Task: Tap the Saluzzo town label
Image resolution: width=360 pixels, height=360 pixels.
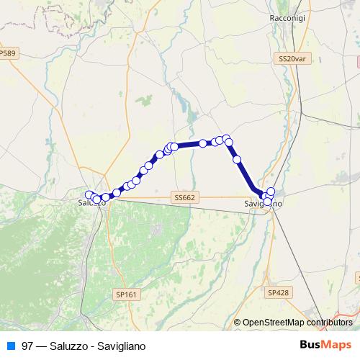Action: (x=92, y=203)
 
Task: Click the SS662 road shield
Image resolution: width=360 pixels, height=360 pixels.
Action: (x=184, y=197)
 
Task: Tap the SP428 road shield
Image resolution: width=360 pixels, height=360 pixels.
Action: (x=278, y=292)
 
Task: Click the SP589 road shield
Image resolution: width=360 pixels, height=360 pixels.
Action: (x=7, y=54)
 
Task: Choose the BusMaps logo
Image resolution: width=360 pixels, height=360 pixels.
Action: (x=325, y=345)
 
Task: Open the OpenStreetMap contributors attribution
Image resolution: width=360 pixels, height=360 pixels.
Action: (x=297, y=323)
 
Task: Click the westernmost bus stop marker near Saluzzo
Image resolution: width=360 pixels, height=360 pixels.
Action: (x=89, y=194)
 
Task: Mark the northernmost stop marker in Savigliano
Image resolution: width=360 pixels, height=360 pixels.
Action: (x=271, y=191)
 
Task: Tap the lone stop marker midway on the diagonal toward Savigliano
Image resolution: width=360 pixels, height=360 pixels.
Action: (x=237, y=159)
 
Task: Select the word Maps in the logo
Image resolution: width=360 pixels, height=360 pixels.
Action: (x=337, y=345)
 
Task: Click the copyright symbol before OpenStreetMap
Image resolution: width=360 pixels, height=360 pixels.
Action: (x=238, y=323)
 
